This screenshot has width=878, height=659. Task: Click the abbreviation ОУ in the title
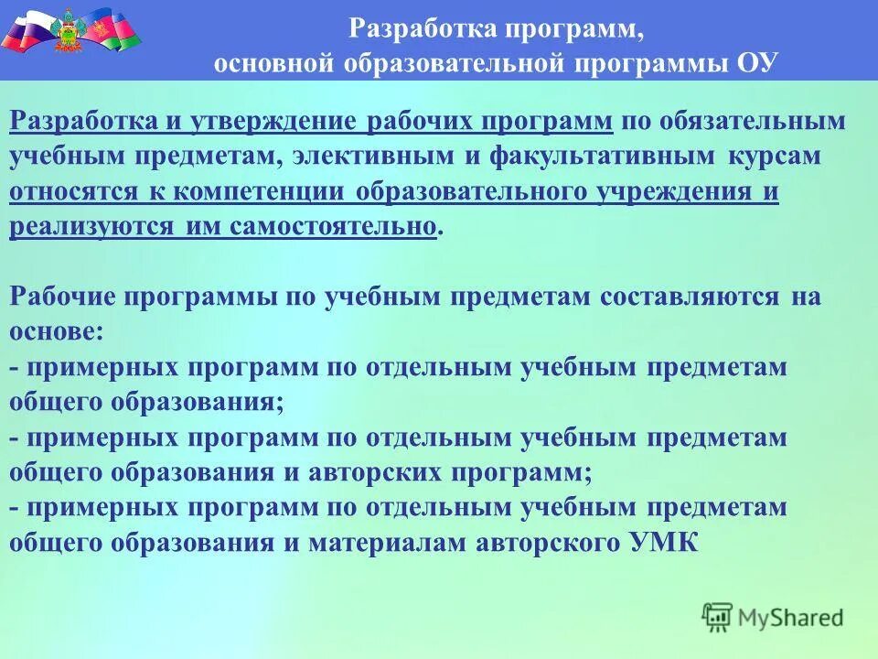point(755,63)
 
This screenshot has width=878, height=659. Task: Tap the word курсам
point(775,157)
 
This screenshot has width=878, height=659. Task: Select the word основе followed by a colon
point(56,332)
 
